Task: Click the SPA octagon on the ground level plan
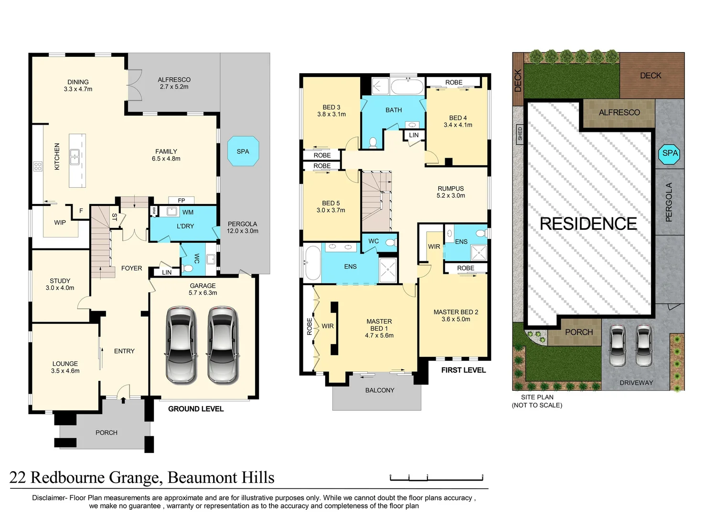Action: click(243, 151)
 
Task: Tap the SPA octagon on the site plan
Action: click(670, 153)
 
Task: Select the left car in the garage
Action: click(181, 344)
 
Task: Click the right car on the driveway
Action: click(643, 345)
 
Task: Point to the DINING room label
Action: click(78, 86)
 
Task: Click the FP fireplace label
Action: click(182, 201)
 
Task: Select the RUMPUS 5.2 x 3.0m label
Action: click(450, 192)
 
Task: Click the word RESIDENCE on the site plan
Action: click(588, 224)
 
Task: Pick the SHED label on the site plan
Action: click(520, 134)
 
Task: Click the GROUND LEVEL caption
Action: click(196, 409)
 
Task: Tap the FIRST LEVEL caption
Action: click(463, 370)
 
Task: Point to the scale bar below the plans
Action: click(437, 477)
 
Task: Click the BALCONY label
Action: click(380, 390)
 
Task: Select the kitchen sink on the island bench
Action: click(75, 157)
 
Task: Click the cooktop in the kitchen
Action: click(38, 166)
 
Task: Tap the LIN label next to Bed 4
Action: click(414, 135)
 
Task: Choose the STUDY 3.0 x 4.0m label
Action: click(60, 284)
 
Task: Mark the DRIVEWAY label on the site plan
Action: click(636, 383)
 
